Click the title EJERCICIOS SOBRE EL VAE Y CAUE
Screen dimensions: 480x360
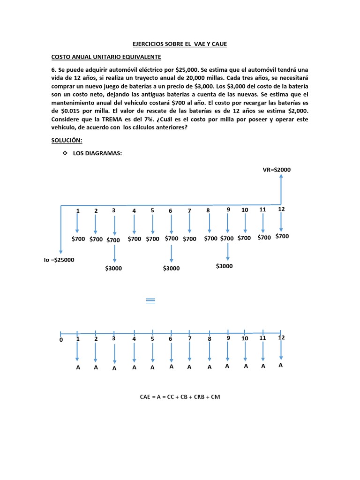(x=180, y=44)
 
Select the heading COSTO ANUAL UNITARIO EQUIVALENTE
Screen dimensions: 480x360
(x=106, y=57)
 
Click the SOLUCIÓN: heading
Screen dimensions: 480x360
(x=67, y=141)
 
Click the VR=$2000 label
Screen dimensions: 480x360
(x=277, y=170)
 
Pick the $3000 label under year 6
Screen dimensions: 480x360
(x=171, y=268)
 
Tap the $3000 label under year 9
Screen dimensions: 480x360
(x=224, y=266)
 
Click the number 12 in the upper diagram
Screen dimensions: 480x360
(x=281, y=209)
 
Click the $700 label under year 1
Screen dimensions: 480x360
(x=78, y=239)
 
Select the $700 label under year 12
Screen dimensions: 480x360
(x=282, y=236)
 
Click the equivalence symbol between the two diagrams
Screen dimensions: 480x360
(x=150, y=300)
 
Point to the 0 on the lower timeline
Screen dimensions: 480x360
(x=61, y=340)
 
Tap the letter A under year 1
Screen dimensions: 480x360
(x=78, y=367)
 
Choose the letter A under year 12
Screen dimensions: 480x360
(x=281, y=366)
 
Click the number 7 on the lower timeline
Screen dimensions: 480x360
(x=190, y=338)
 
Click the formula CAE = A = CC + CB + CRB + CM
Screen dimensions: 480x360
(x=180, y=397)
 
